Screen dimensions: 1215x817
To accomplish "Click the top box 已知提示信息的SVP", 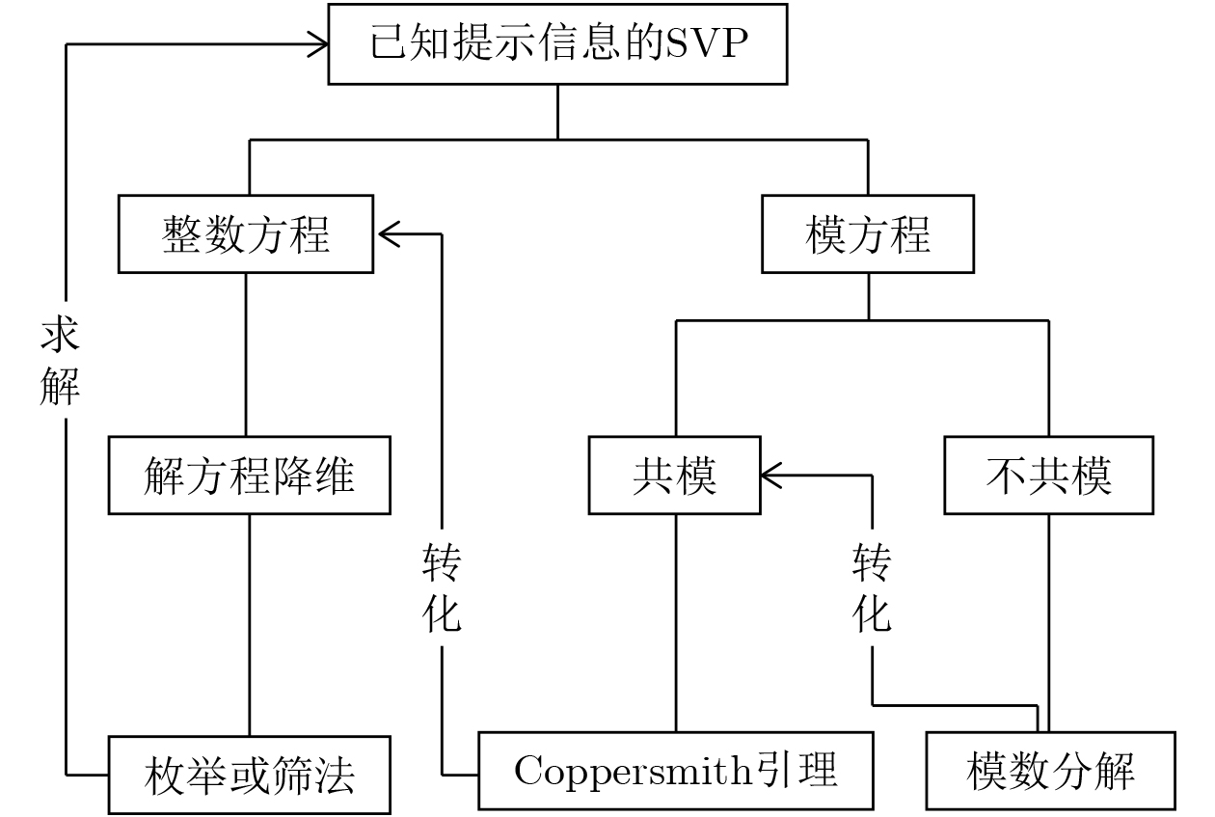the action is click(x=557, y=44).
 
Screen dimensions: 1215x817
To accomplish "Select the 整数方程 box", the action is click(x=246, y=233).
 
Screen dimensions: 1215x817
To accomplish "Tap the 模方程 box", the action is click(x=868, y=233).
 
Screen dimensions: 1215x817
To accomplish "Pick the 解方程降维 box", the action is click(x=250, y=476).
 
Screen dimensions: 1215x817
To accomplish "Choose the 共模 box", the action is click(x=675, y=476).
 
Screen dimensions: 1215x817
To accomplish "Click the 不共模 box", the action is click(x=1049, y=476).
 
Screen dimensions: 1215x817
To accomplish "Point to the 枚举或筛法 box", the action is click(x=250, y=776).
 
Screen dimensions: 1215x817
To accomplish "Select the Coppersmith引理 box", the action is click(x=676, y=771).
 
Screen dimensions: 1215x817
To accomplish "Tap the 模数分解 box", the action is click(x=1051, y=771).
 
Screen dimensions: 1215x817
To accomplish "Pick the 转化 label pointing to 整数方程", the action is click(x=442, y=587).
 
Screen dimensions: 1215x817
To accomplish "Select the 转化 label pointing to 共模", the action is click(x=872, y=587).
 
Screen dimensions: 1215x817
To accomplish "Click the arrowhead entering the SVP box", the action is click(x=318, y=44).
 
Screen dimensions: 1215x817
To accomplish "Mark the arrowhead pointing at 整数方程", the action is click(x=389, y=233).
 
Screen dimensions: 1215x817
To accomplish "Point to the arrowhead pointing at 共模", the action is click(x=771, y=476).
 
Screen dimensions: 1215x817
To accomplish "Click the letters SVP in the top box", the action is click(x=707, y=42).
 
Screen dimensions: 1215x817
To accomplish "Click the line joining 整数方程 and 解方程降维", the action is click(x=246, y=355).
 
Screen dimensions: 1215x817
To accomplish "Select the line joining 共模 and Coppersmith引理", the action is click(x=676, y=623).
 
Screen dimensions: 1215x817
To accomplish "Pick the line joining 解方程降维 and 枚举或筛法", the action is click(x=250, y=625).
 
